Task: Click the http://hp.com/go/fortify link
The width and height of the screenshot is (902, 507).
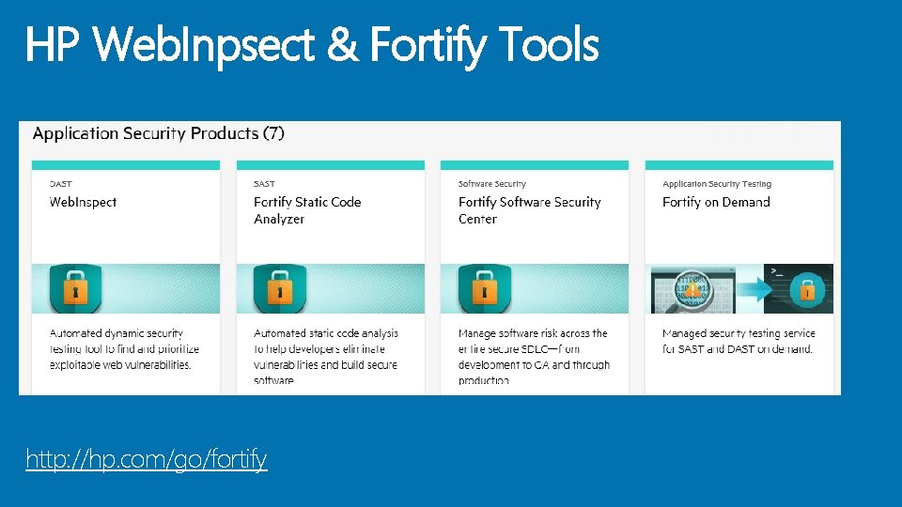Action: [x=146, y=459]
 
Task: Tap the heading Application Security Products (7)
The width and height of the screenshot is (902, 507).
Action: [x=158, y=133]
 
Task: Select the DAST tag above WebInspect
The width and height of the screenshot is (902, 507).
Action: [x=60, y=184]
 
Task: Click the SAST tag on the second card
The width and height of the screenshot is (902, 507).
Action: [x=264, y=184]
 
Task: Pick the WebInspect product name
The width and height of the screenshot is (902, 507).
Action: [x=83, y=202]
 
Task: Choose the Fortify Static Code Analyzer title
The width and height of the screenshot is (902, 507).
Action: [x=307, y=210]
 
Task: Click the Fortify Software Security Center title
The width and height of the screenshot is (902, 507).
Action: [x=529, y=210]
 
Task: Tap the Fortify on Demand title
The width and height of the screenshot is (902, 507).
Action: [x=716, y=202]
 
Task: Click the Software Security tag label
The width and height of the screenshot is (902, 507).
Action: [x=491, y=184]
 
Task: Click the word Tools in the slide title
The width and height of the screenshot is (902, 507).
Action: [x=549, y=44]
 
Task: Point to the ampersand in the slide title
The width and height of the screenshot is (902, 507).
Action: [x=342, y=44]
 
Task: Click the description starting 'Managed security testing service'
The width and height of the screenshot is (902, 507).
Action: [x=738, y=341]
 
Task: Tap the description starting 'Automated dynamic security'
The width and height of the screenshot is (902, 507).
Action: [x=124, y=348]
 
